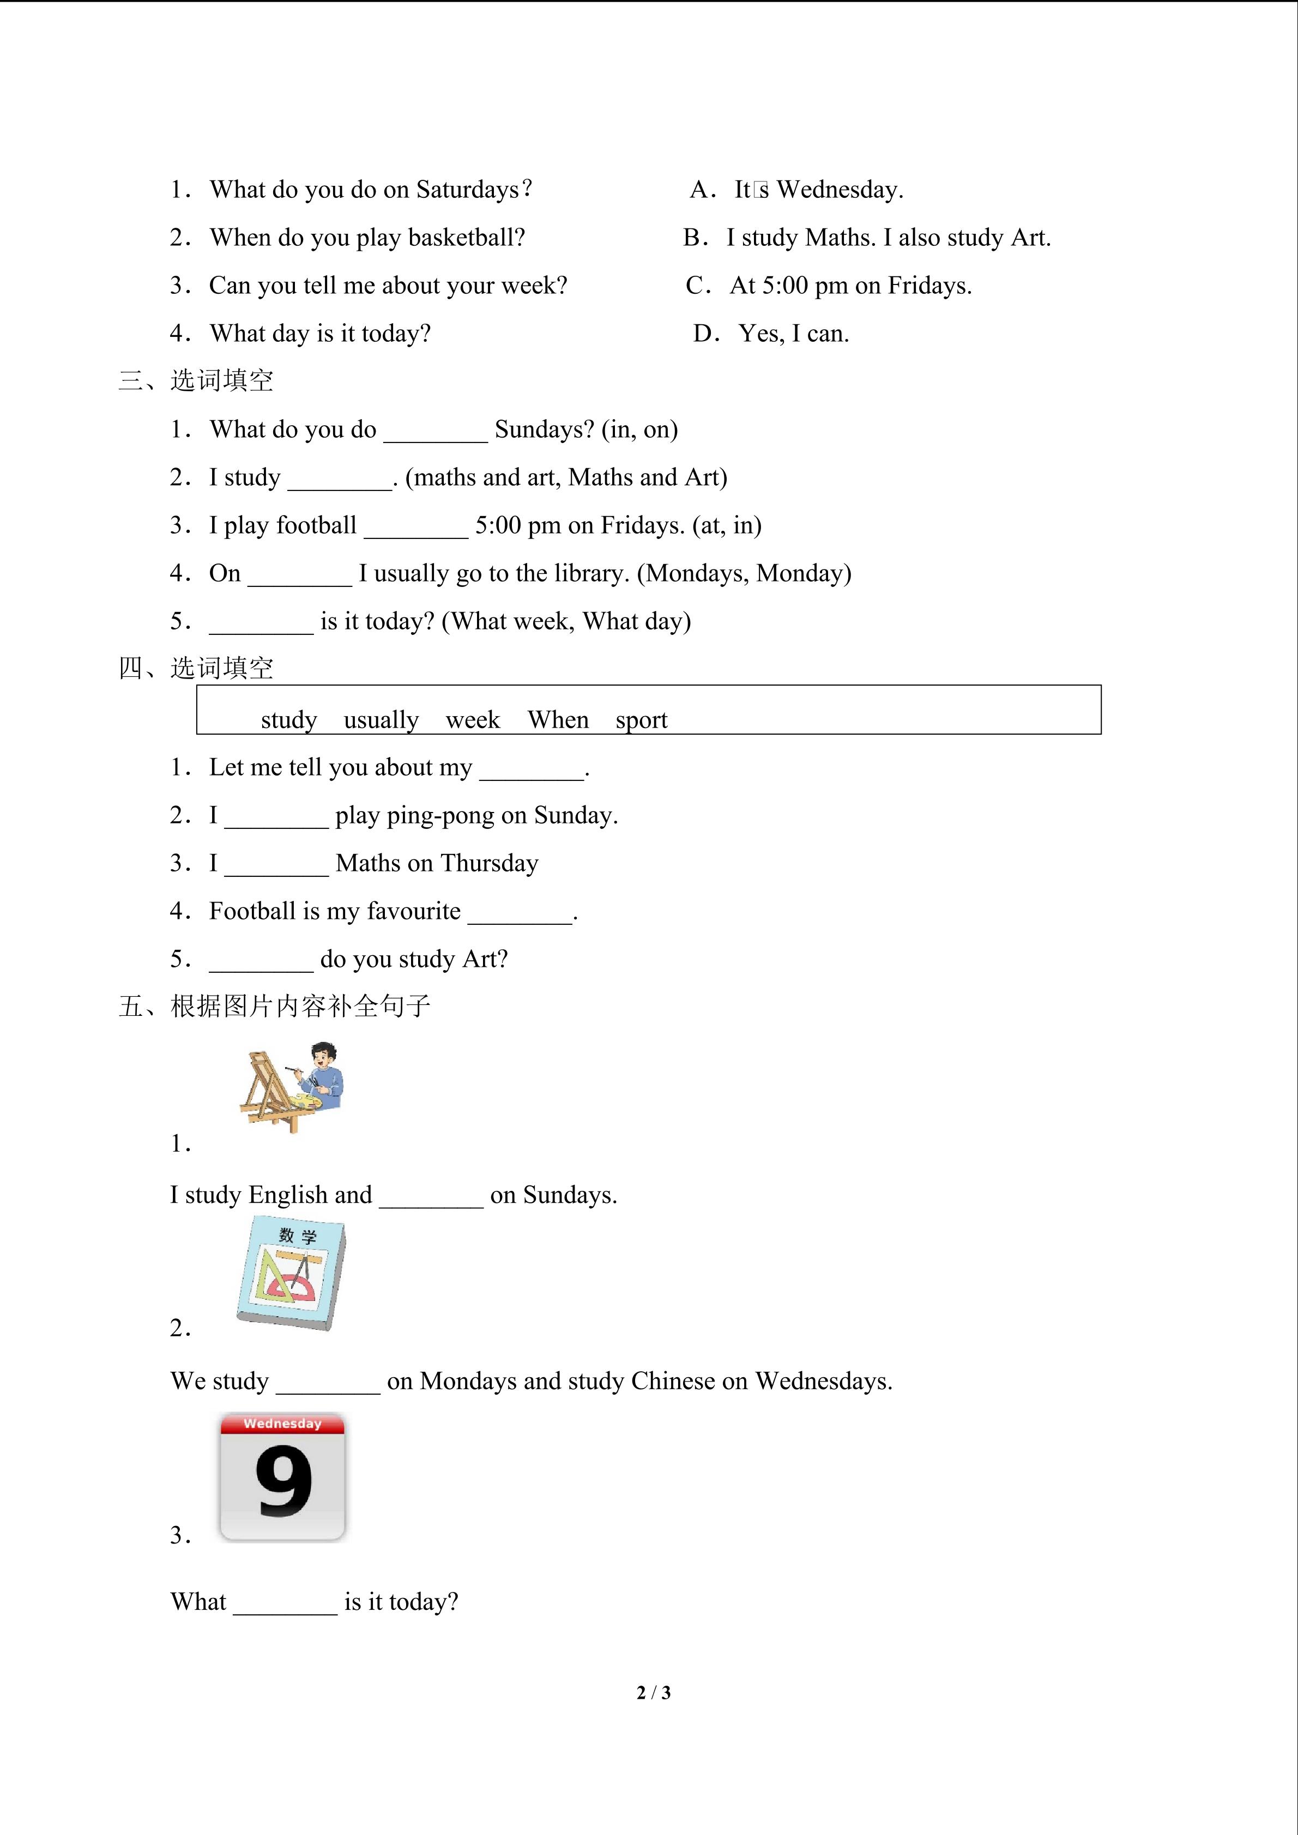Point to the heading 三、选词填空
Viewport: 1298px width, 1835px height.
196,380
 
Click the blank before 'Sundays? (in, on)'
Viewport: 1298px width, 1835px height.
436,432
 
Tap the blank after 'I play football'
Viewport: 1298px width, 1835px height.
415,528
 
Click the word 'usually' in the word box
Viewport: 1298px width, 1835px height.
381,720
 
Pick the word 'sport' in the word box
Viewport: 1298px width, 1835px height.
641,720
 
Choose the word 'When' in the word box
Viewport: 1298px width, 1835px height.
558,720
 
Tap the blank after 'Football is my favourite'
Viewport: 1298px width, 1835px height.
520,913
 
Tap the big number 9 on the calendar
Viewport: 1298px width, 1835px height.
283,1480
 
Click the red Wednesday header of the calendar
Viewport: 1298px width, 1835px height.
282,1424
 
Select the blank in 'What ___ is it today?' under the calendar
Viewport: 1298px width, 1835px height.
285,1604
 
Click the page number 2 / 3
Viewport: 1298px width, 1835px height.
653,1692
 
